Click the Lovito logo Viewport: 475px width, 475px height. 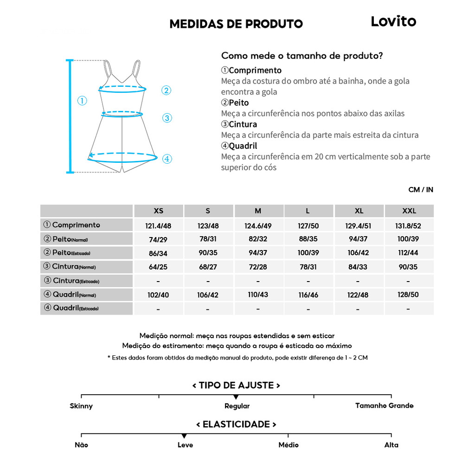tap(393, 21)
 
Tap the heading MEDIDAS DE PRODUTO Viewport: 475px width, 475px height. tap(236, 24)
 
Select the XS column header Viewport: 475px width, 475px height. tap(158, 211)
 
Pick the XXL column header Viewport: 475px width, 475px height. tap(409, 211)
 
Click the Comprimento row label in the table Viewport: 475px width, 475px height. tap(76, 225)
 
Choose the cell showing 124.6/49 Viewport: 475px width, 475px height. tap(258, 226)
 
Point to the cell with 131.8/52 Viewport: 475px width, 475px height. tap(409, 226)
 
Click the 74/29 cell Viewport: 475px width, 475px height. tap(158, 239)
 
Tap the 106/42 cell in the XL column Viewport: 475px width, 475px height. tap(359, 253)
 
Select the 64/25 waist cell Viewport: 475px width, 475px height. tap(158, 267)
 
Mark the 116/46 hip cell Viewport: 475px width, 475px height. tap(308, 295)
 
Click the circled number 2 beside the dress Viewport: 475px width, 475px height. tap(167, 90)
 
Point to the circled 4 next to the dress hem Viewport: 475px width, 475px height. tap(167, 159)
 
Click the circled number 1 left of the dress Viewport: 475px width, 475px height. tap(82, 101)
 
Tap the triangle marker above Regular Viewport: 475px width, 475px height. tap(236, 397)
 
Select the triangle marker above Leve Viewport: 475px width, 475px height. tap(184, 436)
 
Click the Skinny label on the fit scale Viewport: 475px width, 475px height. tap(81, 406)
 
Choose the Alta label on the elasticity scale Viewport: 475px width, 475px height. tap(391, 445)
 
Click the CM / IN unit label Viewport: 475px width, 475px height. tap(421, 190)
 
